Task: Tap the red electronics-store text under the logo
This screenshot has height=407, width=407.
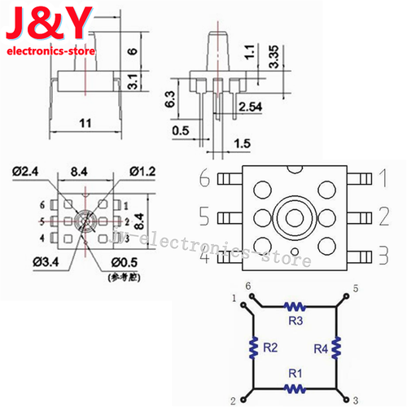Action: [52, 51]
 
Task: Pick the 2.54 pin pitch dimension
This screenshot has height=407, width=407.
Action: [252, 107]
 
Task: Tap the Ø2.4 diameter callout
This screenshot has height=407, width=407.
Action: [28, 171]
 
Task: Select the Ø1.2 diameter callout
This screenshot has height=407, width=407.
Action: [142, 171]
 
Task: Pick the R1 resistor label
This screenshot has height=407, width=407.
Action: [295, 374]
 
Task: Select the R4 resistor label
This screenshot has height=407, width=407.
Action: [322, 348]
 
